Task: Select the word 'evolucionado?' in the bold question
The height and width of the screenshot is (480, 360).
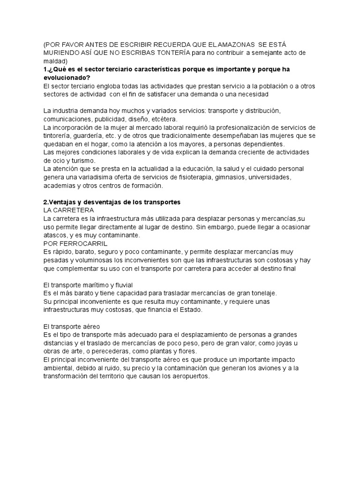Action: [x=67, y=77]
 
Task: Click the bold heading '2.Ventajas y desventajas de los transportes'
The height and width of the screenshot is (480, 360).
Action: [x=112, y=202]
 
